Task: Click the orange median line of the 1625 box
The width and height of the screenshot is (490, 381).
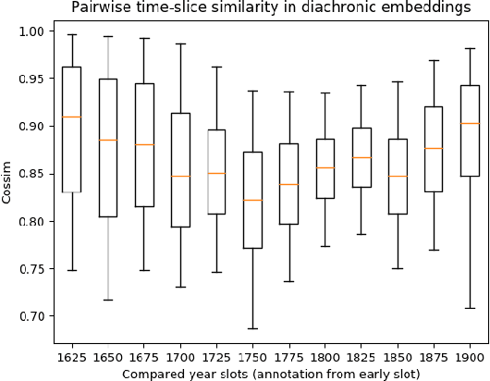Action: [x=71, y=117]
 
